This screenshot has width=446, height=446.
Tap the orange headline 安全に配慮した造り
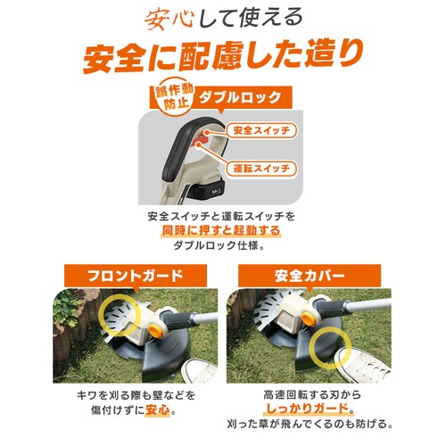click(223, 56)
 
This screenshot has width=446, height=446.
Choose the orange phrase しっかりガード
click(291, 412)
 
